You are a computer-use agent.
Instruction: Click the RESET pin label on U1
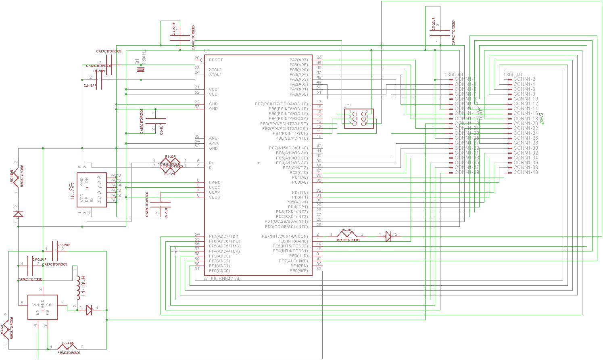tap(216, 60)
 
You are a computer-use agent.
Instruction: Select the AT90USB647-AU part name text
tap(223, 278)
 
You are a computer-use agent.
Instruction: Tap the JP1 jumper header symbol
tap(359, 119)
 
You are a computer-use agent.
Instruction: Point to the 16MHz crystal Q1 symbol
tap(141, 70)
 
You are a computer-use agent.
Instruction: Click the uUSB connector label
tap(72, 190)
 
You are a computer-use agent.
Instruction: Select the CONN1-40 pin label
tap(526, 172)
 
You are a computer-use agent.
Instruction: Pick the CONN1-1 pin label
tap(465, 79)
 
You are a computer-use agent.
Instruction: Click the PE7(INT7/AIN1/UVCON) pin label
tap(284, 237)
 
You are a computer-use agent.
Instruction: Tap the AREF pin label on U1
tap(214, 138)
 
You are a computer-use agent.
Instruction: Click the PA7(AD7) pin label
tap(298, 60)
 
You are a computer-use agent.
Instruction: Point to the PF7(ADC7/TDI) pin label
tap(223, 236)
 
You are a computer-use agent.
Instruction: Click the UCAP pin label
tap(215, 192)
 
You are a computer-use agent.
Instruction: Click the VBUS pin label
tap(215, 197)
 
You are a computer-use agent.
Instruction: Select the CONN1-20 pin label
tap(526, 123)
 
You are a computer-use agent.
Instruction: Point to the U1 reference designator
tap(207, 51)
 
